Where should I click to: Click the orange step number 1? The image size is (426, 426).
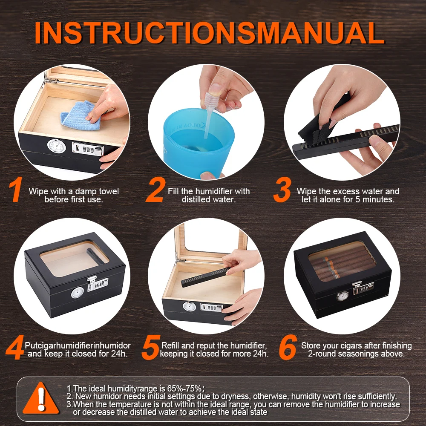[16, 190]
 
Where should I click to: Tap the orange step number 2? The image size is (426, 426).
[155, 190]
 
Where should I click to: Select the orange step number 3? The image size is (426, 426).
[282, 190]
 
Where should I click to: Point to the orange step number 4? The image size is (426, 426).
[14, 348]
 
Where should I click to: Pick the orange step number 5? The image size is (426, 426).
[150, 348]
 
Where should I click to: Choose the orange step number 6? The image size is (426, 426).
[288, 348]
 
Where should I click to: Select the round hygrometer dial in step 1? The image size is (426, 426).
[57, 146]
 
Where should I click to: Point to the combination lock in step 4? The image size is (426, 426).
[97, 283]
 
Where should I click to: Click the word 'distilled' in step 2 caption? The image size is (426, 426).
[196, 199]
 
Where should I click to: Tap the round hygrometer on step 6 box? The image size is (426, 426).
[342, 296]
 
